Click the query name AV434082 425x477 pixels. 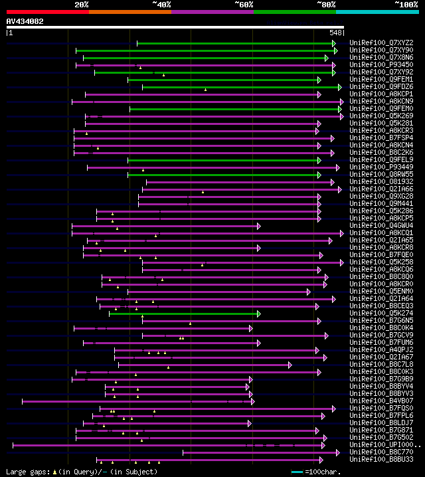[25, 21]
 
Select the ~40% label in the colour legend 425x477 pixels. [161, 5]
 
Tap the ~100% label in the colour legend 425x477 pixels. [406, 5]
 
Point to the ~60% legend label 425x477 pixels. [244, 5]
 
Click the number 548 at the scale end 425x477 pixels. [335, 32]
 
